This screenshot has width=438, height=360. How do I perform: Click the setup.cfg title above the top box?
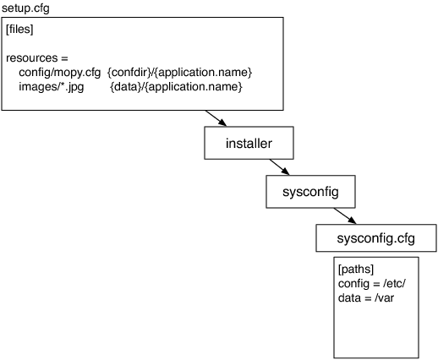[25, 8]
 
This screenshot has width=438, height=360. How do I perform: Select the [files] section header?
[19, 30]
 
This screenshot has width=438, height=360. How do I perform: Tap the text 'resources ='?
[37, 58]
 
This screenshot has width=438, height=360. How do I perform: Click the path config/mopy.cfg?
[59, 73]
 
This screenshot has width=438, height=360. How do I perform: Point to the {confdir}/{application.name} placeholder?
[179, 73]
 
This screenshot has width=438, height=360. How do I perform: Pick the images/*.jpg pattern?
[52, 87]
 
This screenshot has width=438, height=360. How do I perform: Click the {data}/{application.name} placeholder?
[176, 87]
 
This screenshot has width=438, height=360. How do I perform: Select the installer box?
[249, 143]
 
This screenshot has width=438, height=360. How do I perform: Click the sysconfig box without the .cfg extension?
[310, 192]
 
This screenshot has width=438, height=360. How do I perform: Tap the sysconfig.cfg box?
[376, 238]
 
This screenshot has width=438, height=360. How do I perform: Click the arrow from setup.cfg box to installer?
[216, 118]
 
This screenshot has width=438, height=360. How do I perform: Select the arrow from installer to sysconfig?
[279, 167]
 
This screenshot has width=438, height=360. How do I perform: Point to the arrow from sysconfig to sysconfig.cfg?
[345, 216]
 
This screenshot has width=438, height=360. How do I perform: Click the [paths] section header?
[356, 270]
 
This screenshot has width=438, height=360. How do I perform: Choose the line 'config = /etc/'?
[372, 283]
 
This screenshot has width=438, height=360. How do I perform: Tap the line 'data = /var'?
[366, 297]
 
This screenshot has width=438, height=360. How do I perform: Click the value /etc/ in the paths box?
[394, 283]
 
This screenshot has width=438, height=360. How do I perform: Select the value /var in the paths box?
[384, 297]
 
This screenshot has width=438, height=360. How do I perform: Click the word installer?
[249, 144]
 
